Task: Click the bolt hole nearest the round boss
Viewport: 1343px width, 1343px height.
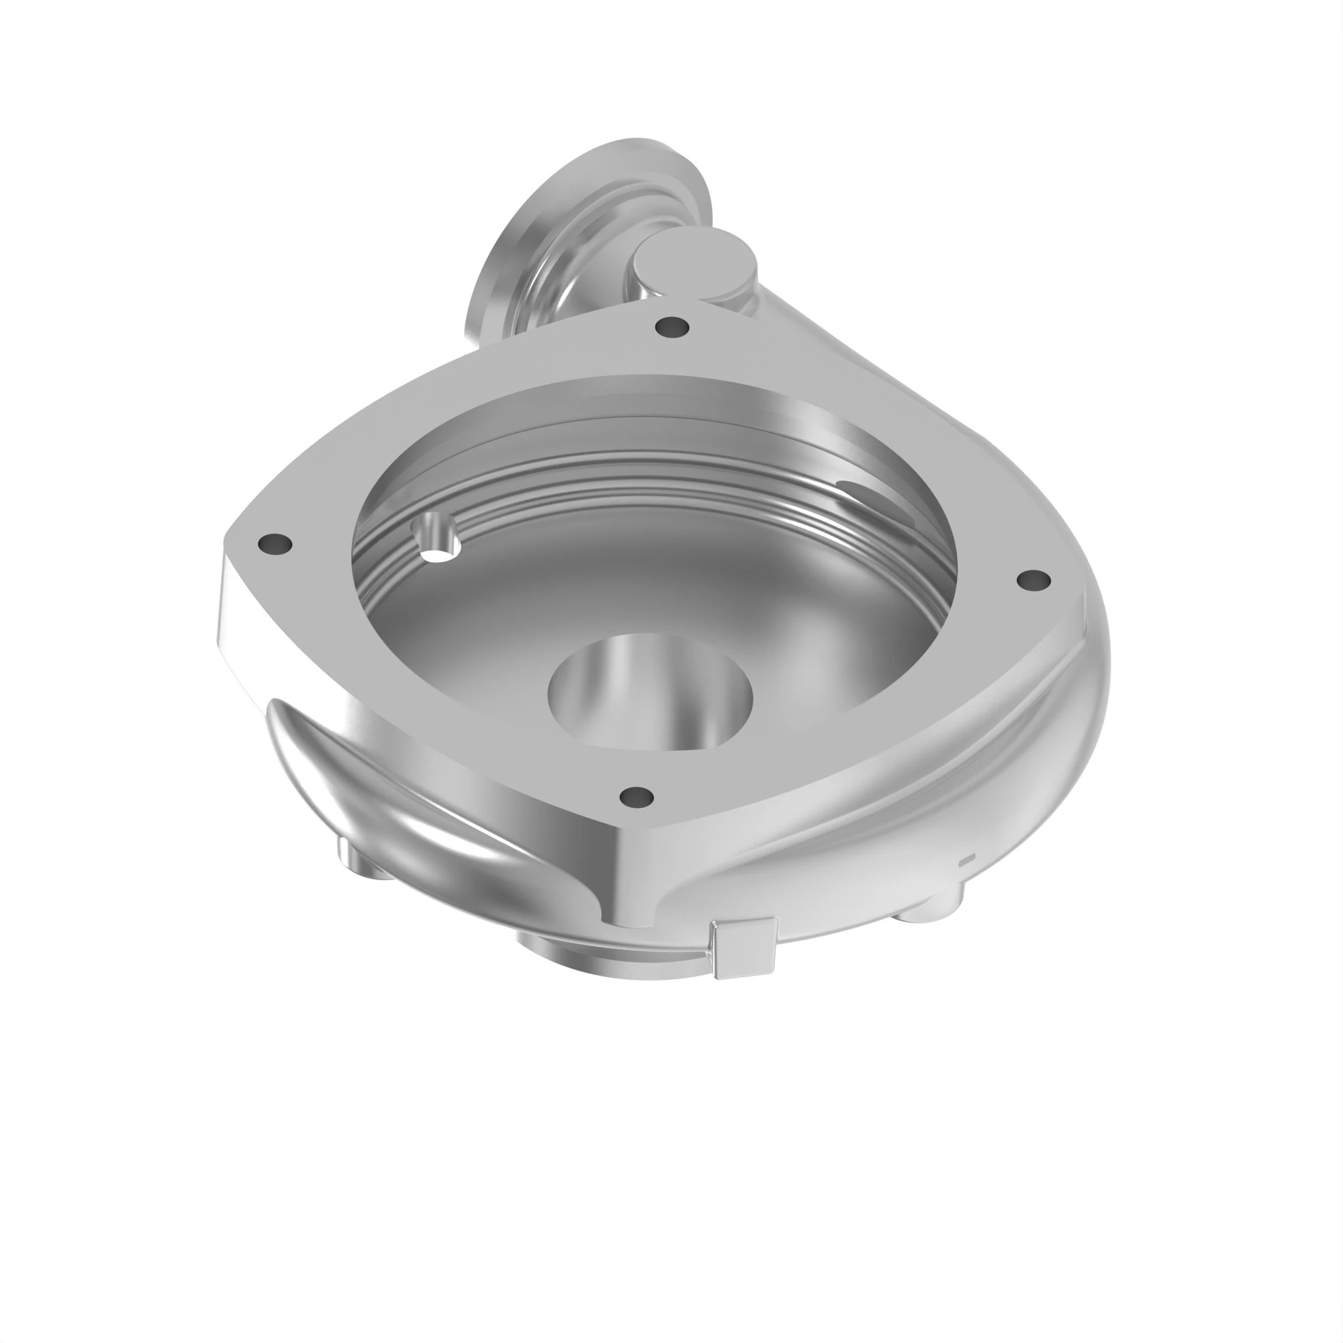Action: pos(672,325)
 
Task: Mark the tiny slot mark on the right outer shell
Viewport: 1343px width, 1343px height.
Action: pos(967,862)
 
